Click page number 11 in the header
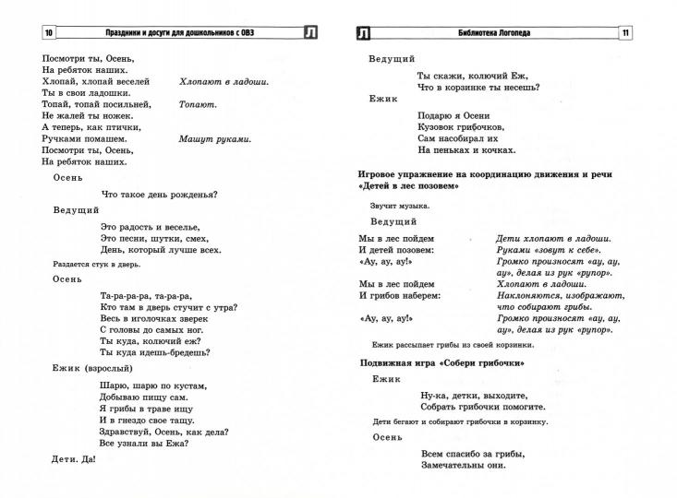tap(625, 35)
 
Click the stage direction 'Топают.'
tap(198, 104)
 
